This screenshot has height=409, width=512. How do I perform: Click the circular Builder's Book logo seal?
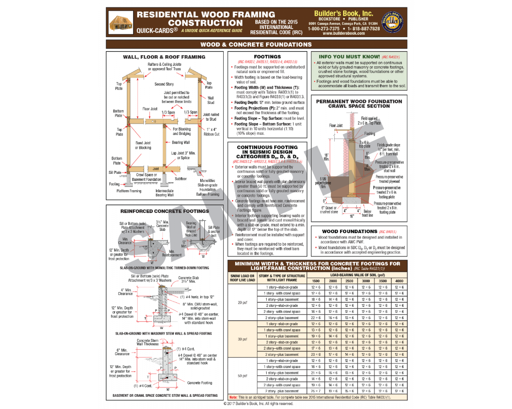[392, 22]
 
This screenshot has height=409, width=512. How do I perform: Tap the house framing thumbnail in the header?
[121, 22]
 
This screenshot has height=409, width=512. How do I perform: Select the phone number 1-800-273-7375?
[324, 29]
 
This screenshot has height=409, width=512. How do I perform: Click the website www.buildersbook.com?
[344, 34]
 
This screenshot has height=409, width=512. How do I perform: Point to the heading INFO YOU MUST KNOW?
[349, 57]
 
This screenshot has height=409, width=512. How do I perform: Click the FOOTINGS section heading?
[267, 57]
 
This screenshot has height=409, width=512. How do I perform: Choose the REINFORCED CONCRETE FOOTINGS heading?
[164, 211]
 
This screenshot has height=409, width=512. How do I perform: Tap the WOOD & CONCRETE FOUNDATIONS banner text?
[256, 44]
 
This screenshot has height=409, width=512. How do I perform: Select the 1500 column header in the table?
[316, 281]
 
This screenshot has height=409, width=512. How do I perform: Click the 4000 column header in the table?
[399, 281]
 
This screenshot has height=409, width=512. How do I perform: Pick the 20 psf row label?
[242, 303]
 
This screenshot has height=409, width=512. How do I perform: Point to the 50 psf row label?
[242, 376]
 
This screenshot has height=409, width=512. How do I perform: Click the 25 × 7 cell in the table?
[316, 391]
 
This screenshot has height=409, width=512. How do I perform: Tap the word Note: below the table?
[233, 397]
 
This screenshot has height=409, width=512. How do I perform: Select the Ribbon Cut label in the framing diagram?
[211, 134]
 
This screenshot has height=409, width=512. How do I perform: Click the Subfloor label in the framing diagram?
[181, 179]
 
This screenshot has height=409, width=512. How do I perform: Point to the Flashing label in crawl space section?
[369, 134]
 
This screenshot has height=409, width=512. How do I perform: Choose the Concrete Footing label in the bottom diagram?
[199, 383]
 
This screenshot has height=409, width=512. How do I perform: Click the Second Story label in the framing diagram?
[164, 84]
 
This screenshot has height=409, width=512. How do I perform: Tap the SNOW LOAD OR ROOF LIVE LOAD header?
[242, 278]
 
